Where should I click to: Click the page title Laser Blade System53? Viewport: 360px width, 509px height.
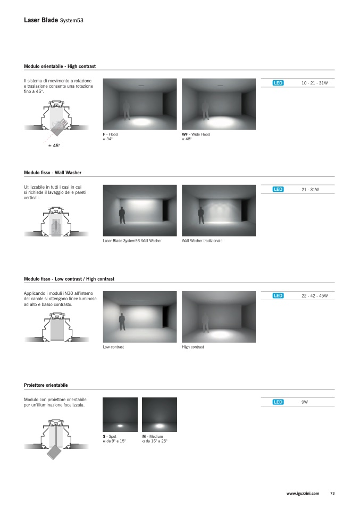54,20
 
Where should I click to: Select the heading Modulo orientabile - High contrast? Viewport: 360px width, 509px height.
60,66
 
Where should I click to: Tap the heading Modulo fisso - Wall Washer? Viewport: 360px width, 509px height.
53,172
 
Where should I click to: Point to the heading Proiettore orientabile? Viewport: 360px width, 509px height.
46,385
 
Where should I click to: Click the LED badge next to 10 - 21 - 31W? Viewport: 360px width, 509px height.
278,83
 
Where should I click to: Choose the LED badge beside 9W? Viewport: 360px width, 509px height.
278,402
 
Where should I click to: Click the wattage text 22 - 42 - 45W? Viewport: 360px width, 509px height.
314,296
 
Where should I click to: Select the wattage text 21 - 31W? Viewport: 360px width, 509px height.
311,189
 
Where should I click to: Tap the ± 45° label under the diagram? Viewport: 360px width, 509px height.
54,146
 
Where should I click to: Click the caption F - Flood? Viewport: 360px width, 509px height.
110,134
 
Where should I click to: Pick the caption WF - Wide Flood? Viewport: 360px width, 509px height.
196,134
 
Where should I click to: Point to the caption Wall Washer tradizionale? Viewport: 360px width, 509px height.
202,241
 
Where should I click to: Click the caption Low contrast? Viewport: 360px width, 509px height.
113,347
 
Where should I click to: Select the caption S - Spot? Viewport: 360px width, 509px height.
110,436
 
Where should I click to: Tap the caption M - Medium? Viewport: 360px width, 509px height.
153,436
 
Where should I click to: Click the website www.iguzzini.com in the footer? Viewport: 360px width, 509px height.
303,494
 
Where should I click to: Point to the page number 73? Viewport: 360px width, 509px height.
332,494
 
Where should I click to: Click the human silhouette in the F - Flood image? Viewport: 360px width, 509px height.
126,110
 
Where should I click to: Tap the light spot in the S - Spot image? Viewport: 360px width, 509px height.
120,426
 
